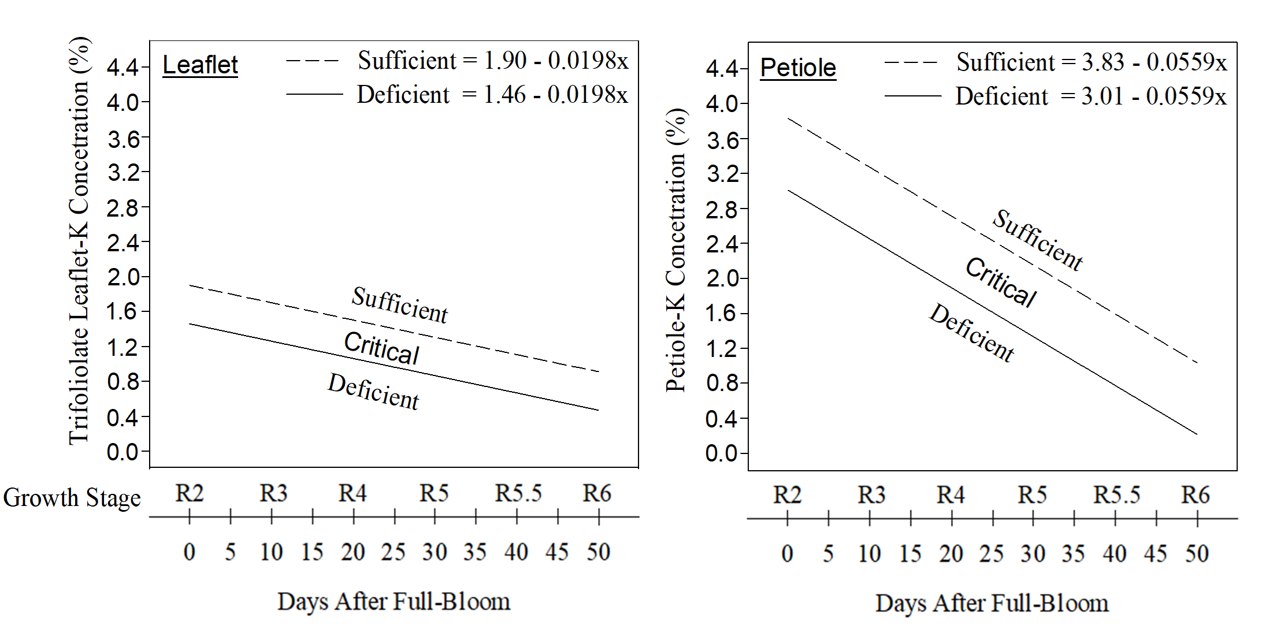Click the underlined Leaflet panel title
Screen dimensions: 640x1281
click(x=200, y=65)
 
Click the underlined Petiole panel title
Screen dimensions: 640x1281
click(x=798, y=68)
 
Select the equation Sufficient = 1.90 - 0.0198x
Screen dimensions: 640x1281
click(x=492, y=60)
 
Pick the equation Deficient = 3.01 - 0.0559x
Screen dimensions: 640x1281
click(x=1090, y=96)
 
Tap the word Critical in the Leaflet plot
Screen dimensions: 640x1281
click(x=381, y=348)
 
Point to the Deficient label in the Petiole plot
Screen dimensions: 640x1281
click(x=972, y=333)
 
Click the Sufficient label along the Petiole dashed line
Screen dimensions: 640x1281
click(x=1038, y=240)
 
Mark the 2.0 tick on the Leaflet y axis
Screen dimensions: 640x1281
click(x=123, y=277)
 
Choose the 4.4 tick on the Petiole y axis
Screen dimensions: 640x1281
click(x=721, y=69)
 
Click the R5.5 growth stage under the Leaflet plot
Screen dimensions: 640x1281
click(x=518, y=493)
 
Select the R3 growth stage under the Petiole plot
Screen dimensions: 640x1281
click(x=871, y=495)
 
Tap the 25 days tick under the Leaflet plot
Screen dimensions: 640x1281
click(x=393, y=552)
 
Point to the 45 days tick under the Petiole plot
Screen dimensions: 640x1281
click(x=1156, y=554)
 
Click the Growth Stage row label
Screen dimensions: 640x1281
click(x=72, y=497)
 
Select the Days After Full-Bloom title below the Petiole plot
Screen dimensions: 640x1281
click(x=992, y=603)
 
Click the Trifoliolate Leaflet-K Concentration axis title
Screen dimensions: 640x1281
click(x=79, y=241)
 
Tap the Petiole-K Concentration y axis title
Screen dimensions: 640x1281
click(x=676, y=250)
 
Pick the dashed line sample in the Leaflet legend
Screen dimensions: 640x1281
click(x=312, y=60)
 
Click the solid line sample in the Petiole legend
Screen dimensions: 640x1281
click(x=912, y=96)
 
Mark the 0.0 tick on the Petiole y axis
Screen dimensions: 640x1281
click(x=721, y=453)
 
